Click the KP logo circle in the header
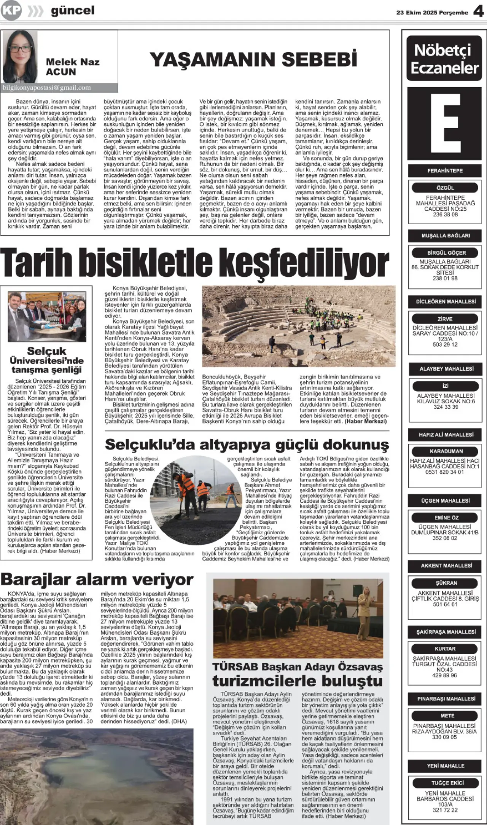coord(11,11)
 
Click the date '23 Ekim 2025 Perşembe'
coord(432,13)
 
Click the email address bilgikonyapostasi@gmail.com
coord(47,88)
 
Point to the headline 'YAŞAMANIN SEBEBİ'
coord(253,60)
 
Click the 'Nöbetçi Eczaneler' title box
coord(444,59)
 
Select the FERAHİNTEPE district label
coord(445,171)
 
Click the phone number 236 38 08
coord(445,215)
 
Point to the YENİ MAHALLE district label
coord(446,766)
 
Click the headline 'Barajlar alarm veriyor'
coord(97,580)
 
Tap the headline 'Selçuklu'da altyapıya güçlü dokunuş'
coord(247,444)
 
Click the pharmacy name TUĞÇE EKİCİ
coord(447,783)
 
